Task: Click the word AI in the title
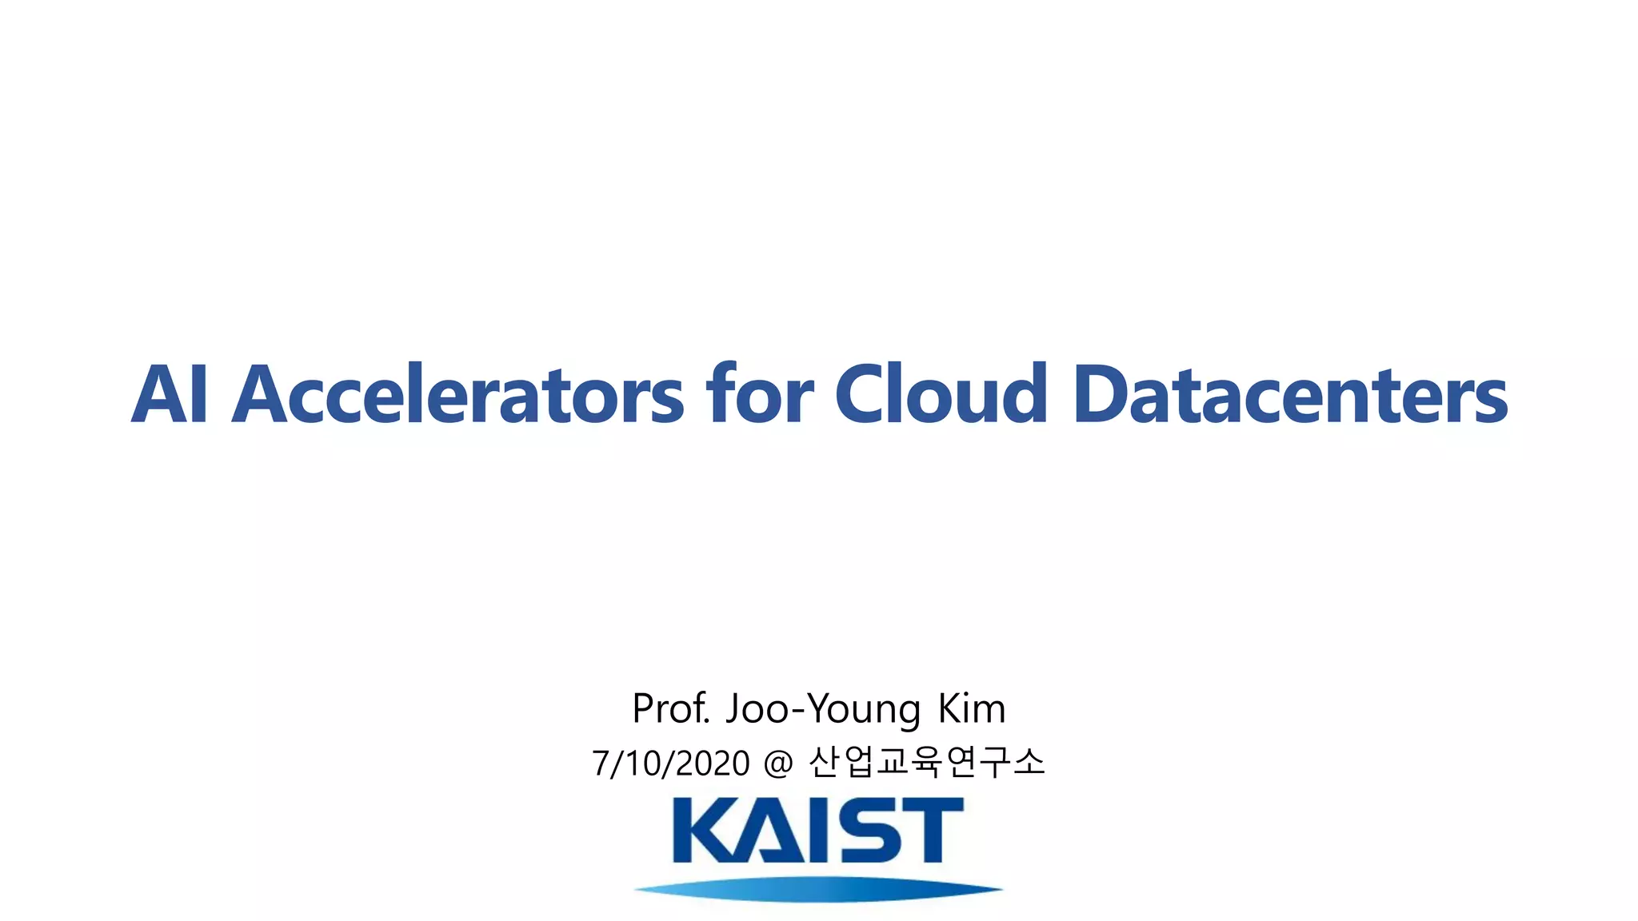[170, 395]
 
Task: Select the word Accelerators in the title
[457, 395]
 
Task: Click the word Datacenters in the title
[1290, 395]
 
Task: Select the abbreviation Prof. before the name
[671, 708]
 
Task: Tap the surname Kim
[971, 708]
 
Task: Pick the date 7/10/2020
[671, 764]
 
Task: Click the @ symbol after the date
[778, 764]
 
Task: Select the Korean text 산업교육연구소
[927, 762]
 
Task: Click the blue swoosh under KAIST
[818, 889]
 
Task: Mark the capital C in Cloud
[865, 395]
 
